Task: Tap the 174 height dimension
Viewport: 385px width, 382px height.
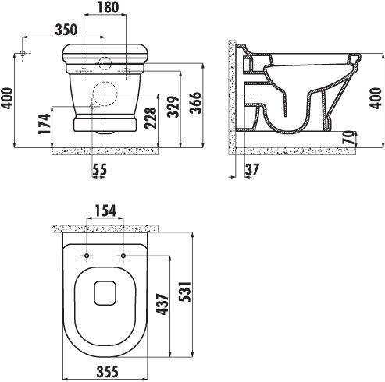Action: (x=45, y=122)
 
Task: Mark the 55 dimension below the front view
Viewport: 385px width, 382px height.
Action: (x=99, y=169)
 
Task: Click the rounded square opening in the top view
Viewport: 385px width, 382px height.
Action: (x=105, y=293)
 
